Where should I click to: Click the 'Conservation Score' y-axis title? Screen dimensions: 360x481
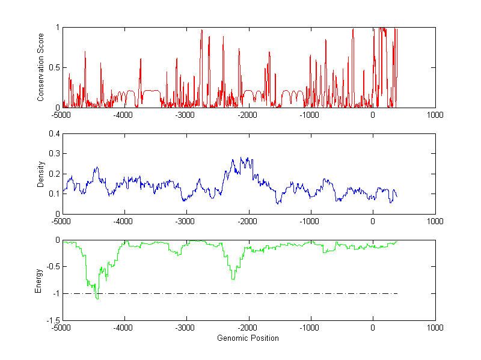point(41,67)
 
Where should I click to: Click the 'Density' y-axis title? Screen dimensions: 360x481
point(41,174)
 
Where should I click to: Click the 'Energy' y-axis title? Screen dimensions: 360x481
point(39,280)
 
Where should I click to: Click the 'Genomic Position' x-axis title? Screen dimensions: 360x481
point(248,338)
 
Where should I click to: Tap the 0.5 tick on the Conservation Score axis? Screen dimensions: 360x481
point(54,67)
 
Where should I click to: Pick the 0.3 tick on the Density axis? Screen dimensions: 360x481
point(54,154)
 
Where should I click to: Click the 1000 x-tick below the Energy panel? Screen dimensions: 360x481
point(435,328)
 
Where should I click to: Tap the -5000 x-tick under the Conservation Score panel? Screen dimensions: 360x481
point(62,115)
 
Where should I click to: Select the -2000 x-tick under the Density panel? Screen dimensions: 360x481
point(248,221)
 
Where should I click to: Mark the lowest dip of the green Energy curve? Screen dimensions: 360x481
point(97,298)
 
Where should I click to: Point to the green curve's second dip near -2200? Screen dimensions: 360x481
point(233,279)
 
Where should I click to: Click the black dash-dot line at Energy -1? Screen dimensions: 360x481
point(240,293)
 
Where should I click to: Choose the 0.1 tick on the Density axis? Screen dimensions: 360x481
point(54,194)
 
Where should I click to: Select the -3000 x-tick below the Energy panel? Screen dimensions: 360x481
point(186,328)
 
